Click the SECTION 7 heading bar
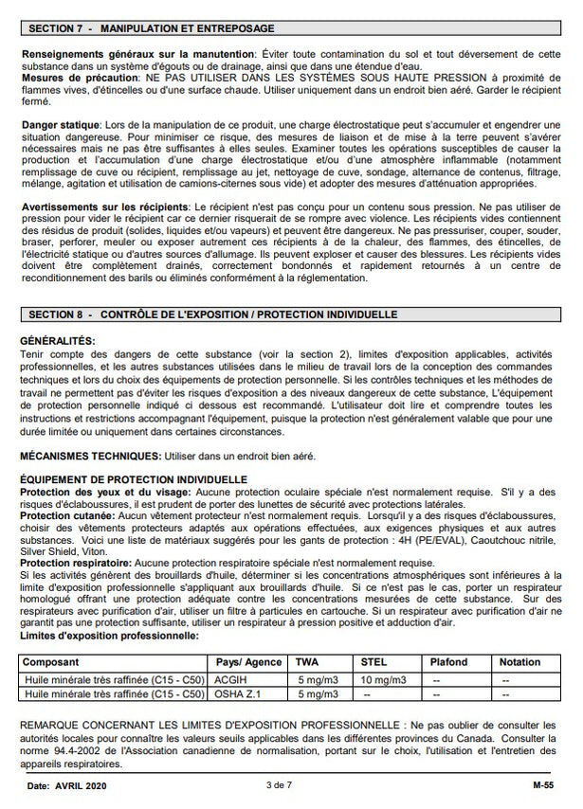291,30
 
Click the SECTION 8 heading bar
291,314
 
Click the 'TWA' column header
307,662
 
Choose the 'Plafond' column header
449,662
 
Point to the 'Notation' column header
520,662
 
